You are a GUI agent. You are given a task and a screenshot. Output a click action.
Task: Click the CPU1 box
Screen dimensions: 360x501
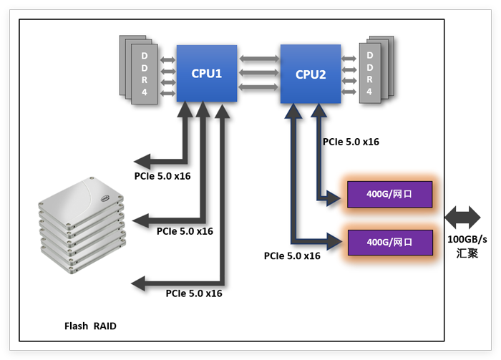(x=207, y=73)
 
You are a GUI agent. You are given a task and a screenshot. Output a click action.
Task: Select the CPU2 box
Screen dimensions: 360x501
(x=311, y=73)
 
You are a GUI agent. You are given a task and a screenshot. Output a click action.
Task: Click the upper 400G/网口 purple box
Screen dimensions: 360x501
(x=389, y=194)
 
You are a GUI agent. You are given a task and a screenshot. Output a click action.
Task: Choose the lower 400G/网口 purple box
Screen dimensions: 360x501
(x=389, y=242)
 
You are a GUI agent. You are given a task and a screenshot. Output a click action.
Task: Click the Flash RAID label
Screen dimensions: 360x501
(x=90, y=326)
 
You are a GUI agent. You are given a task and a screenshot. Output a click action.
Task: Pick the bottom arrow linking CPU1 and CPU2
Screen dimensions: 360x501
(x=258, y=87)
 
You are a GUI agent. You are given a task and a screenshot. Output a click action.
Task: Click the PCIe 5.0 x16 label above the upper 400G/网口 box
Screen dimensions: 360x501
(x=351, y=142)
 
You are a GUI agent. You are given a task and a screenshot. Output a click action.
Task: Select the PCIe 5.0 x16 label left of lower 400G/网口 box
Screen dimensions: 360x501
(x=292, y=256)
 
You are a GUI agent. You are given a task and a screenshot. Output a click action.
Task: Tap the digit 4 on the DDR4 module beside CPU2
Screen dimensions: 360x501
(x=369, y=92)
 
